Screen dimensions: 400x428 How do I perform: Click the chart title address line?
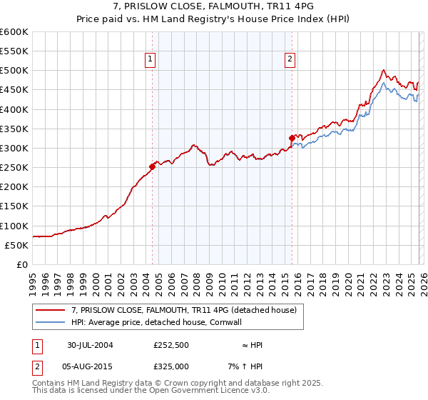click(213, 6)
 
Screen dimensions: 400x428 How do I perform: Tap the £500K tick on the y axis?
click(14, 71)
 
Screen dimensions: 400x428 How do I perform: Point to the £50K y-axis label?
click(16, 245)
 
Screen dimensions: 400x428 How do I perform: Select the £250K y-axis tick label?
click(14, 168)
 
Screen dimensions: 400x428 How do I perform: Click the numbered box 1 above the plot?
click(151, 60)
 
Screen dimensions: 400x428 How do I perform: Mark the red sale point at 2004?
click(152, 167)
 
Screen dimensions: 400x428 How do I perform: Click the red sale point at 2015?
click(291, 138)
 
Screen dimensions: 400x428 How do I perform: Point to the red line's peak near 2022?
click(384, 70)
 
